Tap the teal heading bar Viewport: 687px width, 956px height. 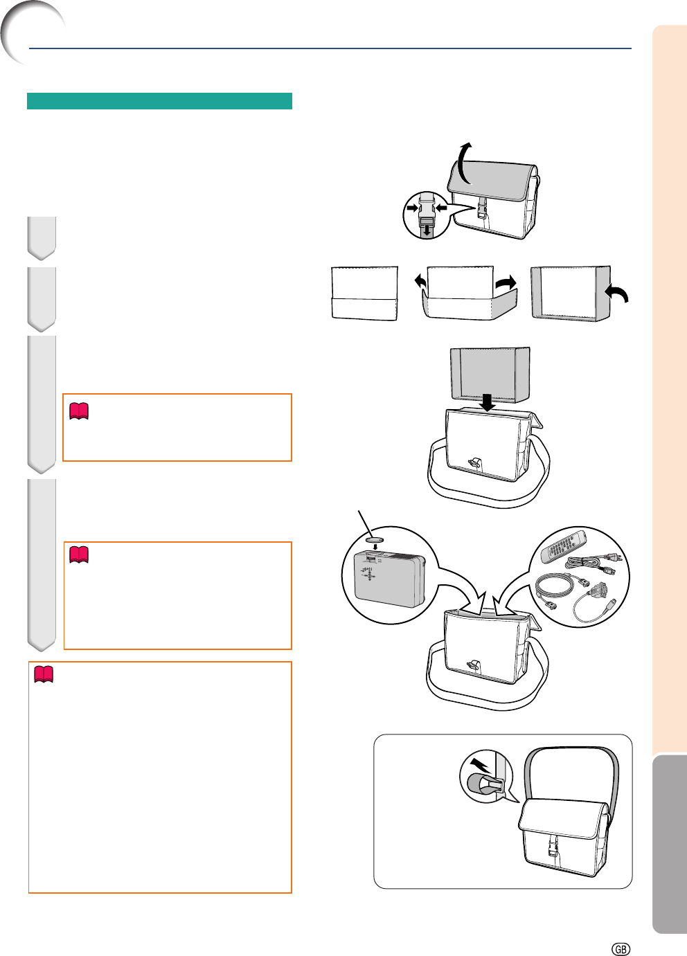[159, 100]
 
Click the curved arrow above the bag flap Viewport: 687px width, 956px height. [465, 163]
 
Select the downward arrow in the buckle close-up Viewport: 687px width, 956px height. [426, 231]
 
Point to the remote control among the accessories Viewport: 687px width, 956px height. [563, 547]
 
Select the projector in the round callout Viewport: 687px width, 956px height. [389, 579]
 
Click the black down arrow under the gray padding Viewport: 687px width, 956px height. [487, 402]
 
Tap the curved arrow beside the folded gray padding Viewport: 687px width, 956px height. [617, 294]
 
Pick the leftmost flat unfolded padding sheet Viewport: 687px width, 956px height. [365, 294]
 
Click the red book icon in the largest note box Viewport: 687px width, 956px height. [44, 674]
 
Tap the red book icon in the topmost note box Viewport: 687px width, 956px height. [79, 411]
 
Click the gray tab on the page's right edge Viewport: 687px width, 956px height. [670, 844]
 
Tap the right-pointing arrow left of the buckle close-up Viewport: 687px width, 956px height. [413, 208]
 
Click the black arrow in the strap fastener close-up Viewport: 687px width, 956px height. [480, 766]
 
